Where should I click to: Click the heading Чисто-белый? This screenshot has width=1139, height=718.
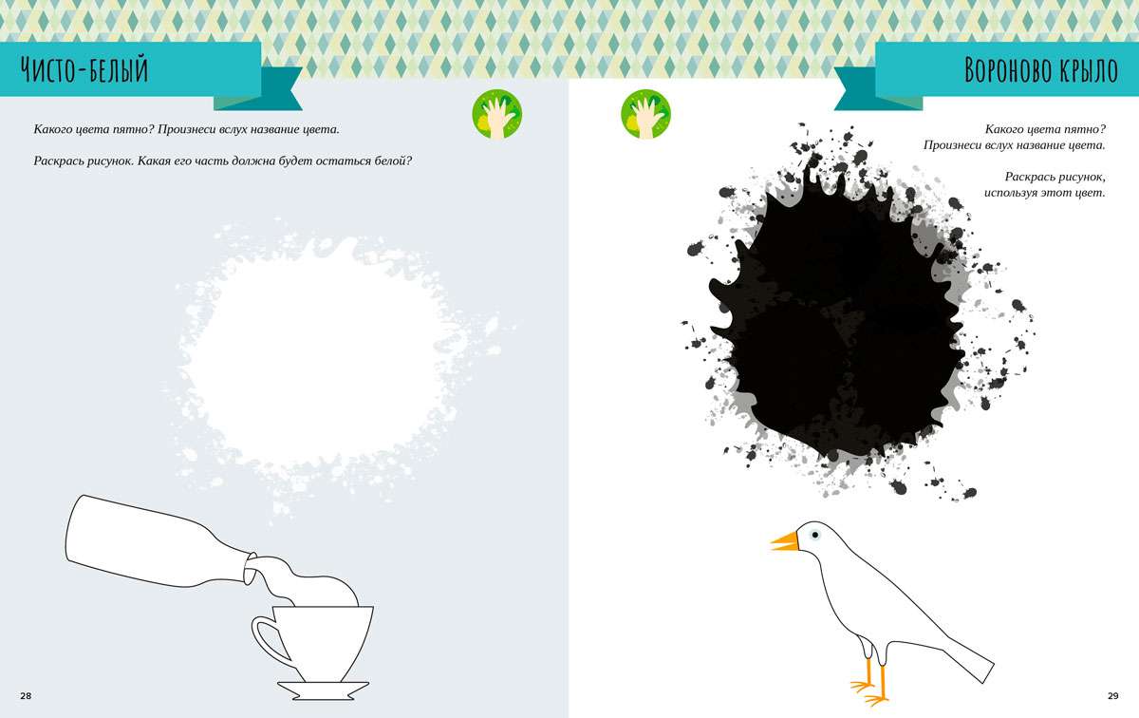click(x=84, y=69)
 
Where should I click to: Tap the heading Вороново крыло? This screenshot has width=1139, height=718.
click(x=1041, y=69)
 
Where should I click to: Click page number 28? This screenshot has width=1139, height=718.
click(x=26, y=695)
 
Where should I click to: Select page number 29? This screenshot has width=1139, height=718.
click(x=1113, y=695)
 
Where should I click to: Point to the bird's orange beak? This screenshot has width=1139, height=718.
click(x=785, y=542)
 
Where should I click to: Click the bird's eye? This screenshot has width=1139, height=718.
click(x=815, y=535)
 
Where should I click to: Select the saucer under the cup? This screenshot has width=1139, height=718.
click(x=323, y=690)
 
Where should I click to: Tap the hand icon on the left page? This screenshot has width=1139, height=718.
click(x=497, y=114)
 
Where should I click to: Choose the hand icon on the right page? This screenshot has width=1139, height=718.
click(x=645, y=114)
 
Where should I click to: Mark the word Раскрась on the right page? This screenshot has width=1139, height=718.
click(x=1027, y=178)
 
